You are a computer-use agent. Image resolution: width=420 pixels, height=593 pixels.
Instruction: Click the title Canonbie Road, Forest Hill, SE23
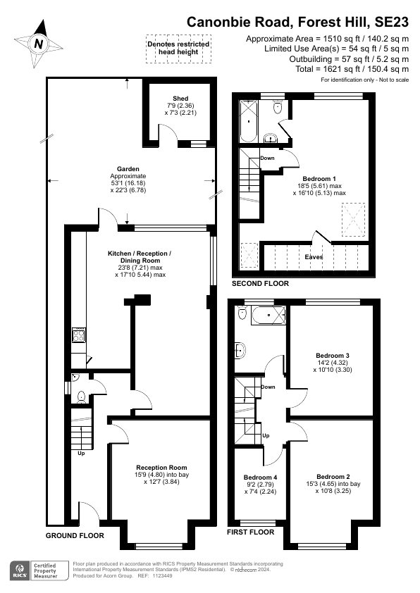coord(297,23)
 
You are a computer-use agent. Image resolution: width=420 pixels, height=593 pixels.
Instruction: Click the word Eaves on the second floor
coord(314,257)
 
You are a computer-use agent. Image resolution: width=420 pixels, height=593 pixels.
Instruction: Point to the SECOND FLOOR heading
coord(260,284)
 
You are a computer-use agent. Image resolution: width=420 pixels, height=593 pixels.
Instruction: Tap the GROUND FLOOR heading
coord(75,535)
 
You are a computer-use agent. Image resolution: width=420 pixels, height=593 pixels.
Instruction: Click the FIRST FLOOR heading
coord(250,532)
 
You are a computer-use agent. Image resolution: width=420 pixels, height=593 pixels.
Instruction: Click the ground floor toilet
coord(81,396)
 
